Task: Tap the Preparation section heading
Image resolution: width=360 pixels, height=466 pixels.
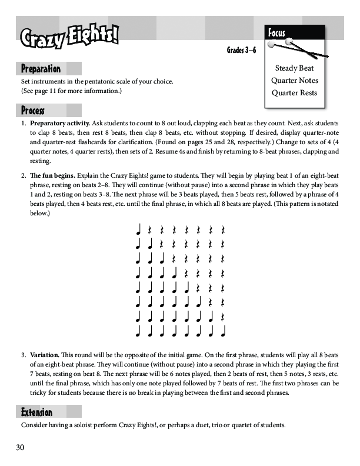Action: (x=41, y=69)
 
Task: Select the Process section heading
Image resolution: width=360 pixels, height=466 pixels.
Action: (x=33, y=110)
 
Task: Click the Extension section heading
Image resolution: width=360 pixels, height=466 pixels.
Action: (x=36, y=411)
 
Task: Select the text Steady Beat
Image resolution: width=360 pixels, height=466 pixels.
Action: (x=294, y=69)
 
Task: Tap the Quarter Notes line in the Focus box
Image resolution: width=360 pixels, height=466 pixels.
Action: (x=294, y=81)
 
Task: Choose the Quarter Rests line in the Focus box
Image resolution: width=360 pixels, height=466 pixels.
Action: (x=294, y=93)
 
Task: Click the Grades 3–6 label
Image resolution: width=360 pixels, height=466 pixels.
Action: (x=241, y=51)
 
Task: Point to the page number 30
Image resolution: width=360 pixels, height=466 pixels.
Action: (x=21, y=448)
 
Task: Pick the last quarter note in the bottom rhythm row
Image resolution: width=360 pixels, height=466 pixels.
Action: (x=224, y=331)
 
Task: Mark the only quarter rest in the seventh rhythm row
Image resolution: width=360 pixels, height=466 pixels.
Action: (x=224, y=317)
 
